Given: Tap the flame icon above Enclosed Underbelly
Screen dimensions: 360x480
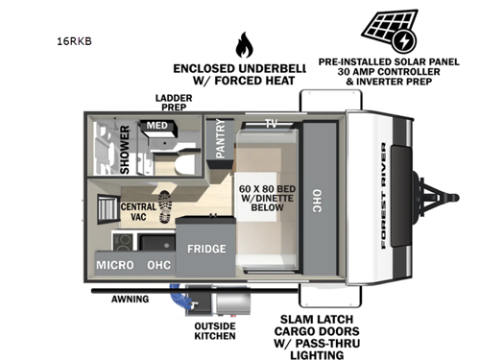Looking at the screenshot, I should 243,44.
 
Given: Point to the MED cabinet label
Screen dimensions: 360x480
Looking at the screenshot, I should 156,126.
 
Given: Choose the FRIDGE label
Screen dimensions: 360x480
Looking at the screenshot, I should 206,249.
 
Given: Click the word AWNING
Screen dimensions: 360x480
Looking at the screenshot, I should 129,299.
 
